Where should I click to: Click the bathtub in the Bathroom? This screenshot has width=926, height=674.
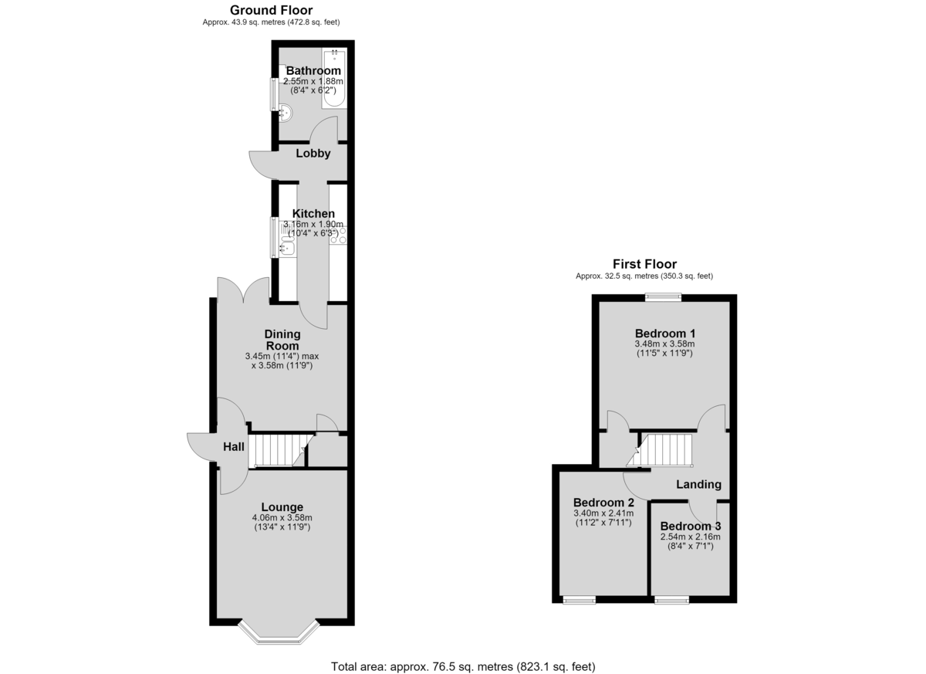tap(334, 79)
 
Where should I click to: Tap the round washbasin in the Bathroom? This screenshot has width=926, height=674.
tap(286, 113)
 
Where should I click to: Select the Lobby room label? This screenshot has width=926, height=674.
tap(313, 154)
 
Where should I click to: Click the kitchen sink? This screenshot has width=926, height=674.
tap(287, 248)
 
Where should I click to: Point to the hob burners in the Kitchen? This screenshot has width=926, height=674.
tap(338, 235)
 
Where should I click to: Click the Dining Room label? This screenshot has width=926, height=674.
tap(282, 340)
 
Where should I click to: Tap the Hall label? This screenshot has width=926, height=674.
tap(234, 446)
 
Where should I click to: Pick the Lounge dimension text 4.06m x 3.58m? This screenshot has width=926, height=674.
tap(282, 518)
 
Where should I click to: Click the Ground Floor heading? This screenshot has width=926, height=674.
tap(271, 10)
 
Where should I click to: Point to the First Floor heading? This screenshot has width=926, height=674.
tap(644, 264)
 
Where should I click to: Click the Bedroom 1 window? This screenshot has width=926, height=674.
tap(664, 297)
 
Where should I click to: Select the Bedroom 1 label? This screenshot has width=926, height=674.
tap(664, 334)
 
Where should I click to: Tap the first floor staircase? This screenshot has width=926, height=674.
tap(659, 450)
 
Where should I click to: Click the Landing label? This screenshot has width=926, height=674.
tap(698, 484)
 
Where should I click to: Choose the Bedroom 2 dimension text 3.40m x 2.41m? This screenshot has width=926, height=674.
tap(603, 513)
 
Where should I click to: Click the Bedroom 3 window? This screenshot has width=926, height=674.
tap(672, 600)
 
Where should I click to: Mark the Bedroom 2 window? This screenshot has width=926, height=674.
tap(580, 600)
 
